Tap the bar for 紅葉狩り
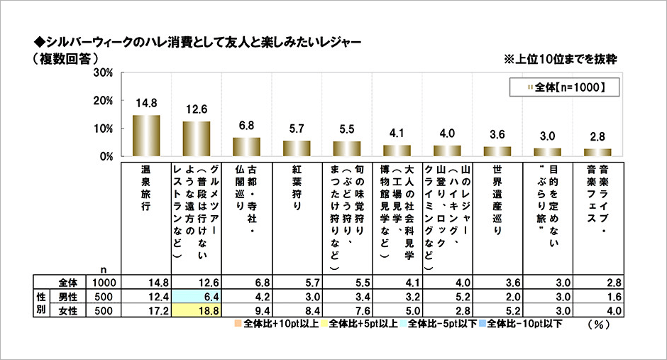(297, 148)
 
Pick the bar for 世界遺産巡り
(497, 151)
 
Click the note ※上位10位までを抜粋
(560, 60)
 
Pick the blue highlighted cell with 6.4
(197, 296)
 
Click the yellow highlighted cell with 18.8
(197, 310)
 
